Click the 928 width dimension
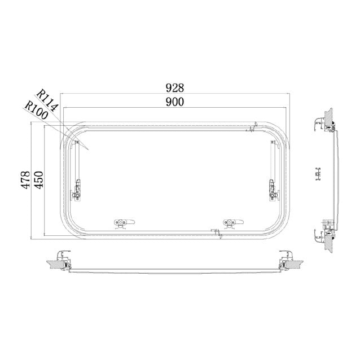[x=175, y=88]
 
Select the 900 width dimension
[x=175, y=102]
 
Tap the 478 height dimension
[x=26, y=180]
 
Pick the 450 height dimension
[x=39, y=180]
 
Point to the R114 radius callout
[x=47, y=100]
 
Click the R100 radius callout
[x=36, y=110]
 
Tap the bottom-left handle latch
[x=124, y=223]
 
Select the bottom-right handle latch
[x=233, y=223]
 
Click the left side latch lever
[x=77, y=190]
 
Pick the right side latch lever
[x=274, y=190]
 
